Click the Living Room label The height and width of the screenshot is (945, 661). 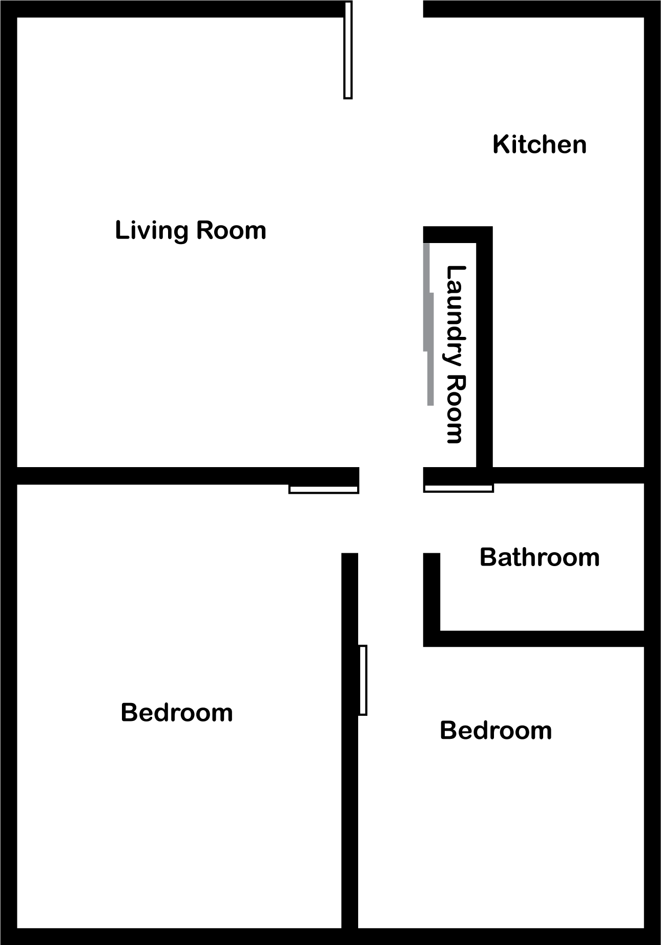[x=191, y=231]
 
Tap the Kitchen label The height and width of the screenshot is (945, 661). [x=540, y=145]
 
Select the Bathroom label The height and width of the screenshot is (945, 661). [x=540, y=557]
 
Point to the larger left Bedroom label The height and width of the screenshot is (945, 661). [x=177, y=713]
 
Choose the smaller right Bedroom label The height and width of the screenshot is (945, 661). [x=496, y=730]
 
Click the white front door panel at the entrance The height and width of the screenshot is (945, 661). [x=348, y=50]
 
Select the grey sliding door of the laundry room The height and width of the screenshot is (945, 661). [x=428, y=324]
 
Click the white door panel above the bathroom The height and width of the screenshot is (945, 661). [x=459, y=488]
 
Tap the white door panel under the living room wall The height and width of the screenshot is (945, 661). [x=324, y=489]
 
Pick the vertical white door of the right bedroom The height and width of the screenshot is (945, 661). [x=362, y=680]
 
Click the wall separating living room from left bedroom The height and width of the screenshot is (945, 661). [x=188, y=475]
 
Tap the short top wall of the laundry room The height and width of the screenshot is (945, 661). [x=458, y=234]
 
